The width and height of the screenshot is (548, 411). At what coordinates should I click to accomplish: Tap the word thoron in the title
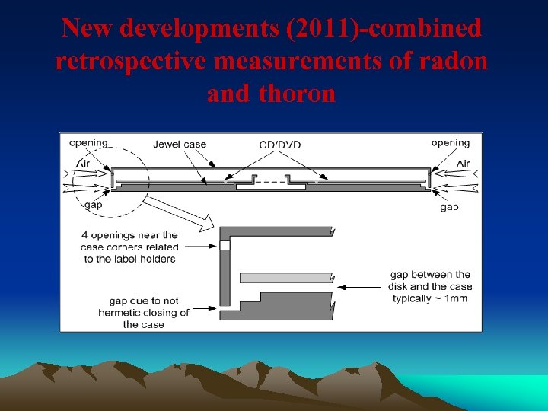297,94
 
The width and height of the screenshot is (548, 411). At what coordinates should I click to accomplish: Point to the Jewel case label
179,145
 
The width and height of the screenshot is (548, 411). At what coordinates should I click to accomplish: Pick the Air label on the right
463,164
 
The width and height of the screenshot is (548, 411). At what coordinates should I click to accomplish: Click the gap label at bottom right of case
450,207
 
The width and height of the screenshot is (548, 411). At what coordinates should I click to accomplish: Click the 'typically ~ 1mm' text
430,298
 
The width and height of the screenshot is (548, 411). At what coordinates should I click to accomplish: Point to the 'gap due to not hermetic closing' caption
143,312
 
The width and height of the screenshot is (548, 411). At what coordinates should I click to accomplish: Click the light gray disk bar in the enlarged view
286,278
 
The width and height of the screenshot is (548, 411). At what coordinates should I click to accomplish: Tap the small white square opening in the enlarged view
225,246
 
